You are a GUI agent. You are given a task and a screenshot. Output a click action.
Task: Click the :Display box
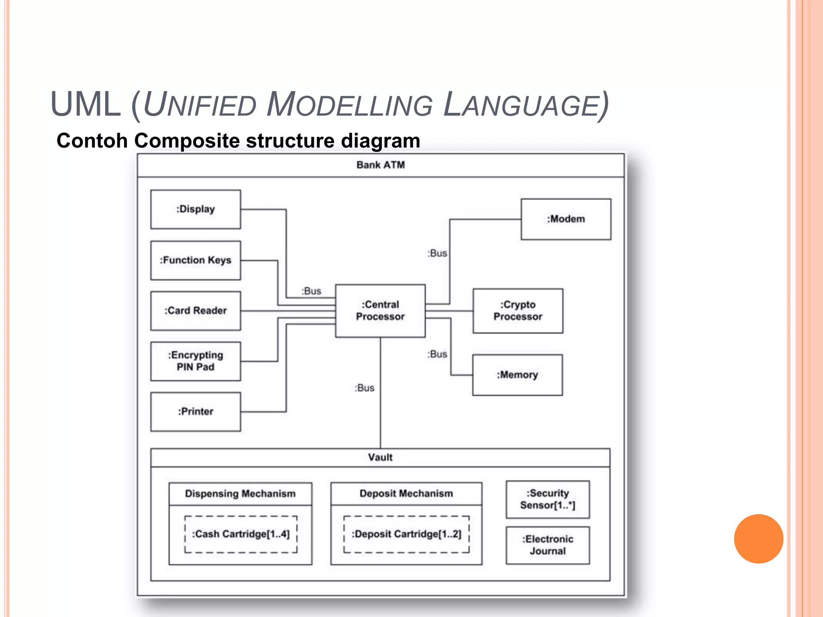[196, 209]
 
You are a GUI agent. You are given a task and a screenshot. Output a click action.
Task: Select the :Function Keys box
[196, 260]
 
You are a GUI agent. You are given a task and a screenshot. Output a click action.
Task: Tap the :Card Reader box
[196, 311]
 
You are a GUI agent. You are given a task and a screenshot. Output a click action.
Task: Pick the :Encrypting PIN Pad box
[196, 361]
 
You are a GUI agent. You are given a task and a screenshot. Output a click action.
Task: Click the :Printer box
[196, 412]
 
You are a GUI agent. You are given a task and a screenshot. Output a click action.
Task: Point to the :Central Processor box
[380, 311]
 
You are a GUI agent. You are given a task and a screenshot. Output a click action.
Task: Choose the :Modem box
[566, 219]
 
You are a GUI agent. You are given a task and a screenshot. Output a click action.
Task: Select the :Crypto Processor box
[518, 311]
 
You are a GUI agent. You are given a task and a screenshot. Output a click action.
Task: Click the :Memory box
[517, 375]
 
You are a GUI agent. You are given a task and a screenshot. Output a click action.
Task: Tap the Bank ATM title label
[381, 165]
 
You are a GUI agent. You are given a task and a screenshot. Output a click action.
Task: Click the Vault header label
[380, 458]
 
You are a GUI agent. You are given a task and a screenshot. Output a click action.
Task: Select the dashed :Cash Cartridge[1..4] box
[241, 534]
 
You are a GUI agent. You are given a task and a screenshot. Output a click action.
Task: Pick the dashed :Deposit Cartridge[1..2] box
[406, 534]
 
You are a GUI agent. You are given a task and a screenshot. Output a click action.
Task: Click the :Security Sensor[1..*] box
[548, 499]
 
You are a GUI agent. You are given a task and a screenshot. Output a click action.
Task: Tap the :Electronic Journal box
[548, 545]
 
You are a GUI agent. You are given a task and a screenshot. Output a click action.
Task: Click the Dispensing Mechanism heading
[240, 494]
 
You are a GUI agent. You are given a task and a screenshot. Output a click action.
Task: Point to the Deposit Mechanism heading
[406, 494]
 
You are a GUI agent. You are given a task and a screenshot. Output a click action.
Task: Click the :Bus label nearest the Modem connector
[437, 253]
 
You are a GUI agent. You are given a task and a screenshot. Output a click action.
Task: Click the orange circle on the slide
[758, 539]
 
